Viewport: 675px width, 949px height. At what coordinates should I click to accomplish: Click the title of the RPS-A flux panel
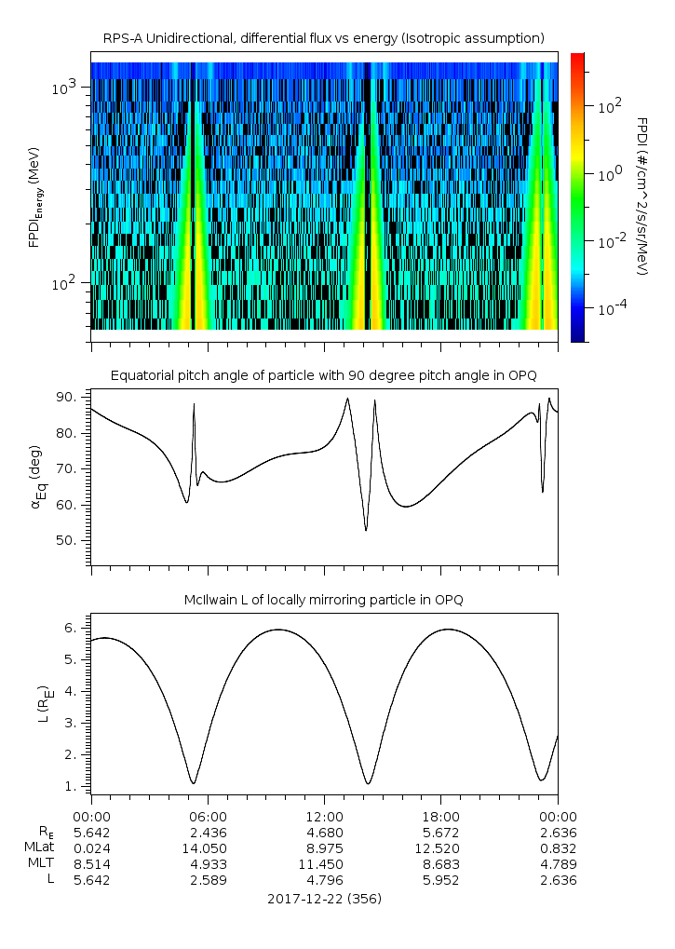(324, 38)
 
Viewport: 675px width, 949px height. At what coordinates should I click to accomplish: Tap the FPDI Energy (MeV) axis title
(35, 197)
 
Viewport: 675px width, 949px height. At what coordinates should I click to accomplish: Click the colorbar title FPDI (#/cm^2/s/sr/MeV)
(641, 197)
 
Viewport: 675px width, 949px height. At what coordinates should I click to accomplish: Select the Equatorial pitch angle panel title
(324, 375)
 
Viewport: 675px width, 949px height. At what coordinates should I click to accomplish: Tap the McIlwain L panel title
(324, 600)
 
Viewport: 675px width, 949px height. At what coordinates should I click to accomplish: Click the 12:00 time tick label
(324, 816)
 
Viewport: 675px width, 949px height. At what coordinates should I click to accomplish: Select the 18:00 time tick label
(440, 816)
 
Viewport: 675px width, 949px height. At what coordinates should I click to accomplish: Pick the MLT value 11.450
(324, 863)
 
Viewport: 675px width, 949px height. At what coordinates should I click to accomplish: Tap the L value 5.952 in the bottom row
(440, 879)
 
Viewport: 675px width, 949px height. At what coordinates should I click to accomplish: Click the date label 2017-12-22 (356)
(324, 899)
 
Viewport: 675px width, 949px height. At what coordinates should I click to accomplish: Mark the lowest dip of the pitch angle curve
(366, 531)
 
